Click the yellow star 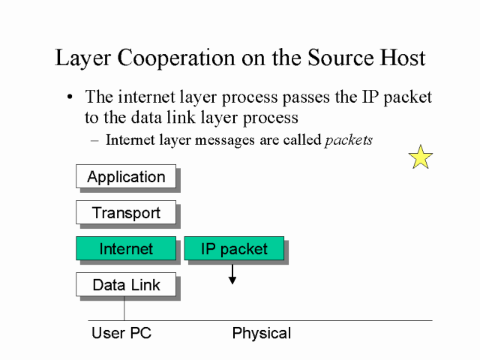coord(421,157)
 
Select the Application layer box coord(126,177)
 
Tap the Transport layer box coord(126,213)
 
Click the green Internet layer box coord(126,249)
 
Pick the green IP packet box coord(234,249)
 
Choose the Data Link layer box coord(126,285)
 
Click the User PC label coord(121,333)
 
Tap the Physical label coord(262,333)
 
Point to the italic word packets coord(348,139)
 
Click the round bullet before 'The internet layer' coord(70,98)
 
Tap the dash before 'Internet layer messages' coord(94,140)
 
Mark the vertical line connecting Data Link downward coord(124,309)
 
